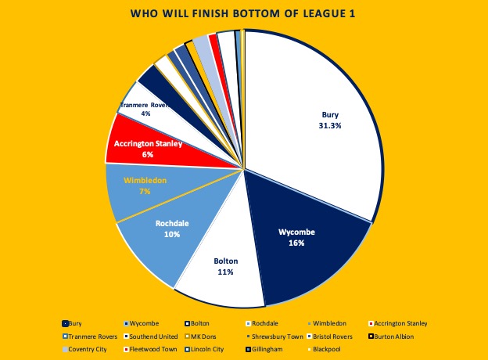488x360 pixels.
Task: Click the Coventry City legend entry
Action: tap(90, 349)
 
